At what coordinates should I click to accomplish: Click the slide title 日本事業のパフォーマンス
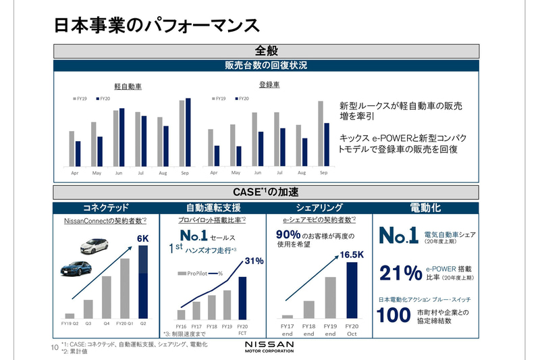[x=157, y=25]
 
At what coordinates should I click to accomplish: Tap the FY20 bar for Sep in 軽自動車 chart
[x=188, y=132]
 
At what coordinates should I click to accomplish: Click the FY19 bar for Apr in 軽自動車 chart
[x=72, y=149]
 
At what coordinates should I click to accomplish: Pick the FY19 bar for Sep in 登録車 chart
[x=320, y=133]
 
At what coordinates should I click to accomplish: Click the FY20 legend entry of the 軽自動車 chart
[x=104, y=99]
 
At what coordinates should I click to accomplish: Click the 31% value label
[x=253, y=261]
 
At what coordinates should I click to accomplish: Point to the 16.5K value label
[x=351, y=255]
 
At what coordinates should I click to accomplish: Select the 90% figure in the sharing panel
[x=288, y=234]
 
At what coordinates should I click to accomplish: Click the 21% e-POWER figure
[x=400, y=273]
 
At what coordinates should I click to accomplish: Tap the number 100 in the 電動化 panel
[x=394, y=315]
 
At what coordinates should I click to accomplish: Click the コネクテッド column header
[x=105, y=207]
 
